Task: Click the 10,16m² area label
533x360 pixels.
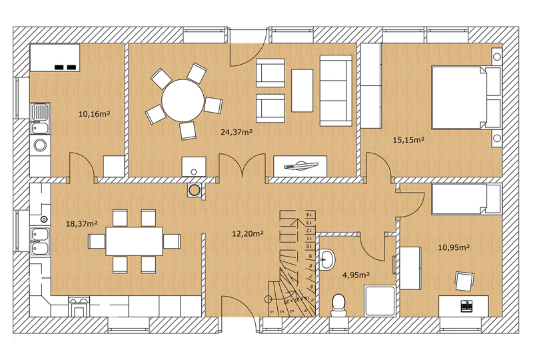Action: coord(94,113)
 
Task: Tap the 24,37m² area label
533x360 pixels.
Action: coord(237,132)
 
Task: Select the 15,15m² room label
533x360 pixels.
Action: coord(408,139)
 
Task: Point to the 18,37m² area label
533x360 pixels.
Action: coord(82,223)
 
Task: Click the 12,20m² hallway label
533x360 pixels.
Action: coord(248,233)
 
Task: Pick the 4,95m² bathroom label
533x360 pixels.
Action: coord(356,275)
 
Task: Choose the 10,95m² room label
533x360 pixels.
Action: coord(454,247)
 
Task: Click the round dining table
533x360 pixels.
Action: coord(183,100)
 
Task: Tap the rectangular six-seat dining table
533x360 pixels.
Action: coord(135,241)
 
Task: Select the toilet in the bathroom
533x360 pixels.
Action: coord(338,305)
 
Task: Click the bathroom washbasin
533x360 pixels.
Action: coord(327,259)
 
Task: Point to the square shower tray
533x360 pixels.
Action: coord(380,301)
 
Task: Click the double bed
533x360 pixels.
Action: coord(466,97)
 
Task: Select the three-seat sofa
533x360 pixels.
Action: coord(336,91)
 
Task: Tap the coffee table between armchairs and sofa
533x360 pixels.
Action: coord(302,90)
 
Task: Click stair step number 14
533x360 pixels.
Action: coord(308,215)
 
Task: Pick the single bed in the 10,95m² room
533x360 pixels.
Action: coord(466,199)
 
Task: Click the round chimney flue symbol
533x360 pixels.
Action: coord(195,190)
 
